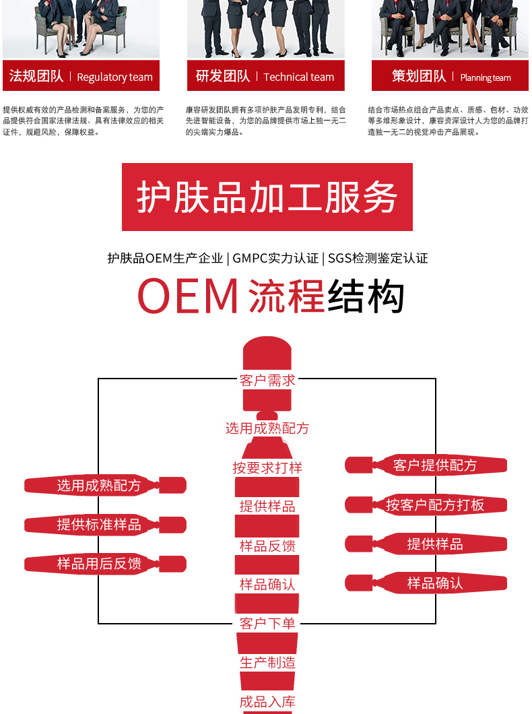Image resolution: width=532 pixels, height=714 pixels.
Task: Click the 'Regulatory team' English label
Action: [114, 77]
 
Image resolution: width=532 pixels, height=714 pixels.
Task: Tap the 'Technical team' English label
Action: [298, 77]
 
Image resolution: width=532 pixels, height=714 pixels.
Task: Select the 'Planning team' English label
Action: [485, 78]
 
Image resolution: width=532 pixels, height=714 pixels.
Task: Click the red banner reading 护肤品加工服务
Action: [267, 197]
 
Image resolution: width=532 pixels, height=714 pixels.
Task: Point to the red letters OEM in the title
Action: [187, 296]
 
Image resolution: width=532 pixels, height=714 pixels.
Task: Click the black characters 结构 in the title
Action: [366, 296]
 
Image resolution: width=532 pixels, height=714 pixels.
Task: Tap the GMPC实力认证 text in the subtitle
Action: [275, 258]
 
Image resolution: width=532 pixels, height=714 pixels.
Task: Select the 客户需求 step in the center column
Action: [267, 380]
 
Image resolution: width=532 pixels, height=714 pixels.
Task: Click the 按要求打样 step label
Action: [267, 467]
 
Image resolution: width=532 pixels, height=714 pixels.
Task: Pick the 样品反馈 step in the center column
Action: [267, 546]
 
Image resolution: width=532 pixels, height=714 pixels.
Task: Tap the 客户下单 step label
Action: [267, 623]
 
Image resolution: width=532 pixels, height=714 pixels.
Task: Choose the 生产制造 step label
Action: [267, 663]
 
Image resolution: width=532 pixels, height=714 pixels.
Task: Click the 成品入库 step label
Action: [267, 702]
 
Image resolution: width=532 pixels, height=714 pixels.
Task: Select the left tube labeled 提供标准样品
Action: [105, 525]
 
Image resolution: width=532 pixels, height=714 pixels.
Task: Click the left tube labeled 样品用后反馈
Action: [105, 564]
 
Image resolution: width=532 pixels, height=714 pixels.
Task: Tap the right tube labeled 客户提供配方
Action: [426, 465]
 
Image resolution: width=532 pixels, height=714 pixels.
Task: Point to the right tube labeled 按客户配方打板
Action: [426, 505]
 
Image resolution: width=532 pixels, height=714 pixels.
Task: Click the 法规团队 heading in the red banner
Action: [36, 76]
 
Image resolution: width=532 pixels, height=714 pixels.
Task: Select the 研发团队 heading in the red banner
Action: [223, 76]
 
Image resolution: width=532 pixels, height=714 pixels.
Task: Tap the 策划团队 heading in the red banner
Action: [419, 76]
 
